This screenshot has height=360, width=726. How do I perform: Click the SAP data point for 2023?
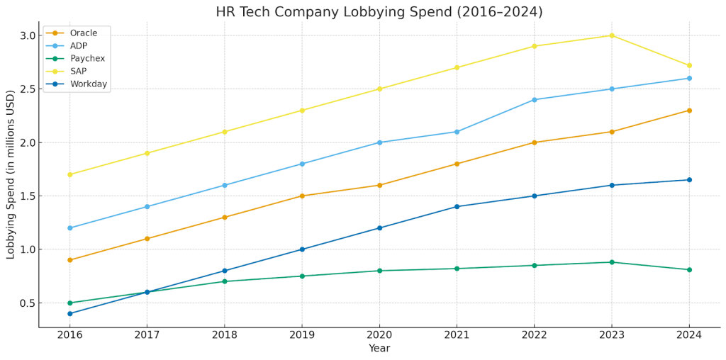pyautogui.click(x=612, y=35)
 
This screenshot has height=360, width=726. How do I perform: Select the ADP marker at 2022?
pyautogui.click(x=535, y=100)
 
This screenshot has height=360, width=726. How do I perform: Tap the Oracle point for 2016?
pyautogui.click(x=69, y=260)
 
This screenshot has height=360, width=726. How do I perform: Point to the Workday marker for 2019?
pyautogui.click(x=302, y=249)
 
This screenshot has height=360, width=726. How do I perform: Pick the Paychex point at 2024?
pyautogui.click(x=689, y=270)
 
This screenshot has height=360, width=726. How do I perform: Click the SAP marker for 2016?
pyautogui.click(x=69, y=174)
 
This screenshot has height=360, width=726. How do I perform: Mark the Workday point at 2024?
pyautogui.click(x=689, y=180)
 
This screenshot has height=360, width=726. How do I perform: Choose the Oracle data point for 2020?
pyautogui.click(x=379, y=186)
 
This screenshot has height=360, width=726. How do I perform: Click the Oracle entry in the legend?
pyautogui.click(x=84, y=33)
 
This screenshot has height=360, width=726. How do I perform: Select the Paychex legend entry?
pyautogui.click(x=88, y=59)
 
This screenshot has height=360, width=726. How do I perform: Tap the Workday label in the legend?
pyautogui.click(x=89, y=84)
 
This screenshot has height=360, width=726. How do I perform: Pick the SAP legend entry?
pyautogui.click(x=79, y=72)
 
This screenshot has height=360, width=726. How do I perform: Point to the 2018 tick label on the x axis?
pyautogui.click(x=224, y=334)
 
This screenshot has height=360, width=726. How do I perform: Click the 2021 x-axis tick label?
pyautogui.click(x=457, y=334)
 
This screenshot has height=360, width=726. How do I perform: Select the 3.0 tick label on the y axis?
pyautogui.click(x=26, y=35)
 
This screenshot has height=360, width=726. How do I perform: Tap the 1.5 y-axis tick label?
pyautogui.click(x=26, y=196)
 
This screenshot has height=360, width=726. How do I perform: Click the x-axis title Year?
pyautogui.click(x=379, y=349)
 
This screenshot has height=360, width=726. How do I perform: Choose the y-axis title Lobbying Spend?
pyautogui.click(x=11, y=174)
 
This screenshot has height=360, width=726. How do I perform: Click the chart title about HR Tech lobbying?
pyautogui.click(x=379, y=12)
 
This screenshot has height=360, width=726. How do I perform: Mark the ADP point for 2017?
pyautogui.click(x=147, y=207)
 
